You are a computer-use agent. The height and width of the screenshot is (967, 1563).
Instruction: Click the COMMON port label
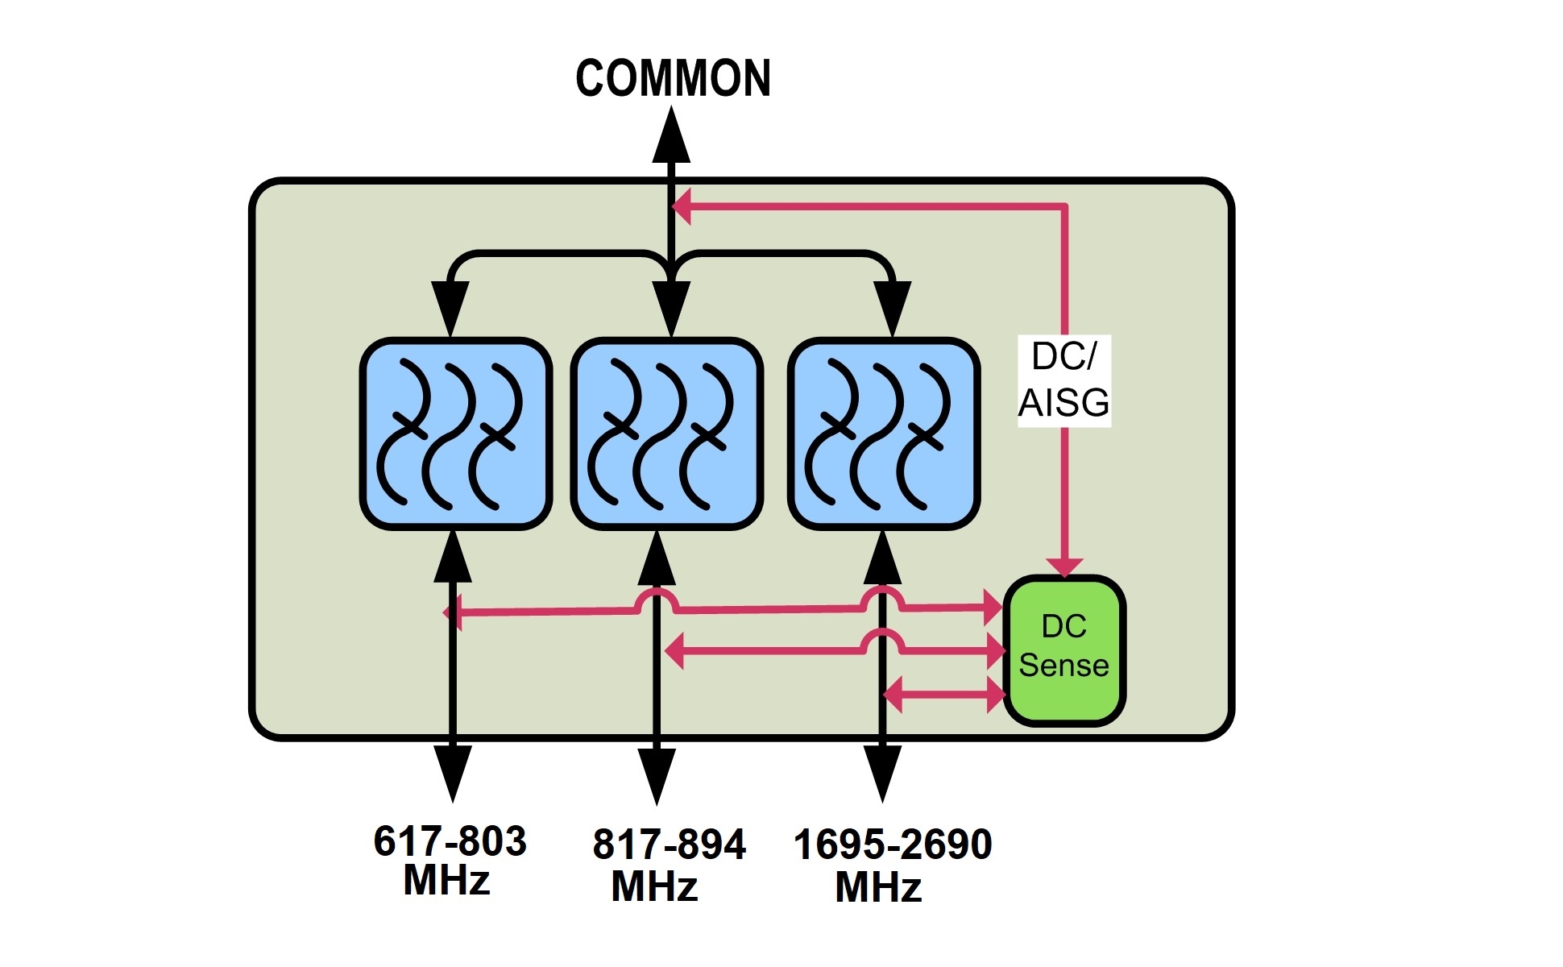point(673,78)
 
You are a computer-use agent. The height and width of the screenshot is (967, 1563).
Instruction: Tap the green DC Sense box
point(1063,650)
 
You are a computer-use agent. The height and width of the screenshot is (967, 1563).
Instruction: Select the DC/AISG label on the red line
point(1063,380)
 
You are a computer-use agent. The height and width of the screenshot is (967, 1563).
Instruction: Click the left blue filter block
point(455,434)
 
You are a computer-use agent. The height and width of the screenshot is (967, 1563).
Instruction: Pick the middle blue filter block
point(666,434)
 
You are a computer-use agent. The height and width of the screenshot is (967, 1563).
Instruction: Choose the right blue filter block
point(884,434)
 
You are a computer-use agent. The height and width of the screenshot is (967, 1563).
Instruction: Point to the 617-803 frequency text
point(450,841)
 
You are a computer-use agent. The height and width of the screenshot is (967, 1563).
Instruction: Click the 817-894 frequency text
point(669,845)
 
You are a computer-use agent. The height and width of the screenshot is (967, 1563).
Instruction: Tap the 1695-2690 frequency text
point(893,845)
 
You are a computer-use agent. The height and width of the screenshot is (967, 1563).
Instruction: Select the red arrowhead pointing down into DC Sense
point(1064,567)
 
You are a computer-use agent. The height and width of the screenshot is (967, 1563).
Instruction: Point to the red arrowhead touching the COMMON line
point(682,206)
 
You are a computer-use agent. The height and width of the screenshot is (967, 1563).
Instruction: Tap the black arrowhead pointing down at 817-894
point(657,775)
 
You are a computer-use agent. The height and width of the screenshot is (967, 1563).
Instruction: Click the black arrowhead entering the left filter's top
point(450,308)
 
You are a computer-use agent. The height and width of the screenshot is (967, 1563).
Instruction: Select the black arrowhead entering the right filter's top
point(892,308)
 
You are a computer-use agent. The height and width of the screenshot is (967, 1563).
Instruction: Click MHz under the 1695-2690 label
point(878,888)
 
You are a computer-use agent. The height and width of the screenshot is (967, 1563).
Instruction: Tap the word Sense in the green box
point(1063,666)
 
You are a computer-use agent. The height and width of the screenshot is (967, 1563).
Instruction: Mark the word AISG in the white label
point(1063,403)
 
